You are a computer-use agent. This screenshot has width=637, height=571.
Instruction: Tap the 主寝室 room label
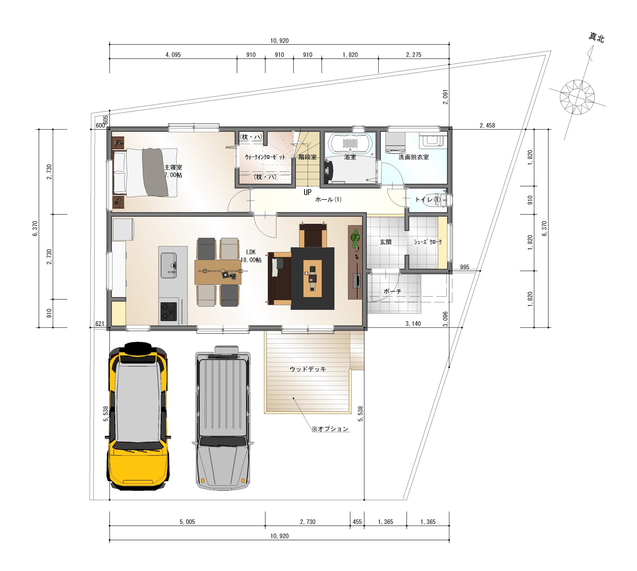click(x=173, y=168)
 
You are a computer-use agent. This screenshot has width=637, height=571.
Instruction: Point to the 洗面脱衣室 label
click(x=414, y=157)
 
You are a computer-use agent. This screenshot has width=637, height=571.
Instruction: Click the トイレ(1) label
click(x=428, y=199)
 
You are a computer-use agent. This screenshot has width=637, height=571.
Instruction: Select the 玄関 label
click(x=385, y=242)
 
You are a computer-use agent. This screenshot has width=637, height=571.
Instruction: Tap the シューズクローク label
click(x=428, y=242)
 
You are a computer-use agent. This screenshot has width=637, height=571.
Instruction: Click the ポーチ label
click(x=392, y=291)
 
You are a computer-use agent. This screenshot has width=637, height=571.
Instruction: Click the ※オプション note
click(x=330, y=429)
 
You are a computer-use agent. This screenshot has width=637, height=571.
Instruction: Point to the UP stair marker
click(x=307, y=192)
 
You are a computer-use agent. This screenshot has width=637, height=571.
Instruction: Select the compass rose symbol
click(x=578, y=97)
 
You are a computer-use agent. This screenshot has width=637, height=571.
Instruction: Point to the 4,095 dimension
click(x=173, y=55)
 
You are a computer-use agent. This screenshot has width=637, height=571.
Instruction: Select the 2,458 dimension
click(x=487, y=125)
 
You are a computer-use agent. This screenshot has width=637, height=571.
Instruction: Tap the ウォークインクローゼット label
click(x=265, y=157)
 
